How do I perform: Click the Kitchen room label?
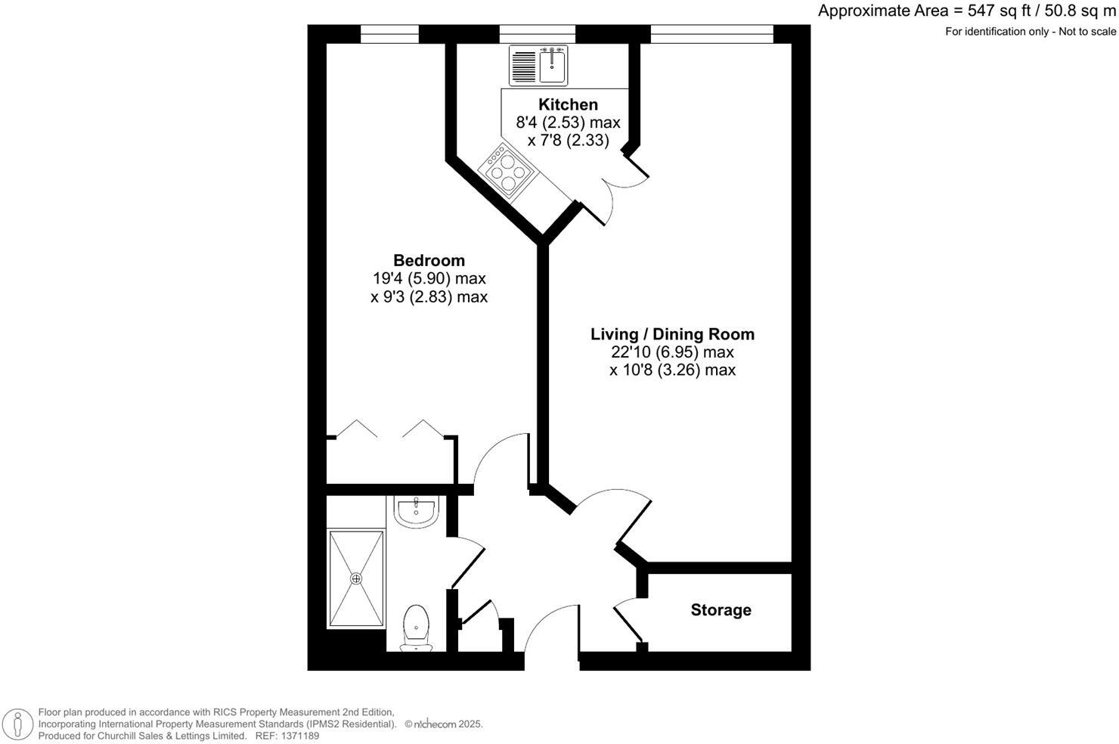pyautogui.click(x=568, y=104)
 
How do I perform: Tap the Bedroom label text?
pyautogui.click(x=429, y=261)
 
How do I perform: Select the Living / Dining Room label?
pyautogui.click(x=672, y=334)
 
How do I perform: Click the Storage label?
pyautogui.click(x=721, y=610)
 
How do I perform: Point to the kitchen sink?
pyautogui.click(x=553, y=65)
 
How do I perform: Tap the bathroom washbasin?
pyautogui.click(x=416, y=511)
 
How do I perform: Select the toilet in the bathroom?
pyautogui.click(x=416, y=628)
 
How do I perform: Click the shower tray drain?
pyautogui.click(x=356, y=578)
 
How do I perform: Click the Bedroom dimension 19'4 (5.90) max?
pyautogui.click(x=429, y=279)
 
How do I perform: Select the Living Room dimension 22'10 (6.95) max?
pyautogui.click(x=672, y=352)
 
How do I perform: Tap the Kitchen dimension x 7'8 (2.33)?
pyautogui.click(x=568, y=140)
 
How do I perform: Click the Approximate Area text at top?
pyautogui.click(x=966, y=11)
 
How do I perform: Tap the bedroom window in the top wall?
pyautogui.click(x=389, y=34)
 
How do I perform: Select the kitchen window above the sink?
pyautogui.click(x=537, y=34)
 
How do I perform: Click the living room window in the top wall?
pyautogui.click(x=711, y=34)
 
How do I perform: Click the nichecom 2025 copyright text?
pyautogui.click(x=444, y=724)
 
